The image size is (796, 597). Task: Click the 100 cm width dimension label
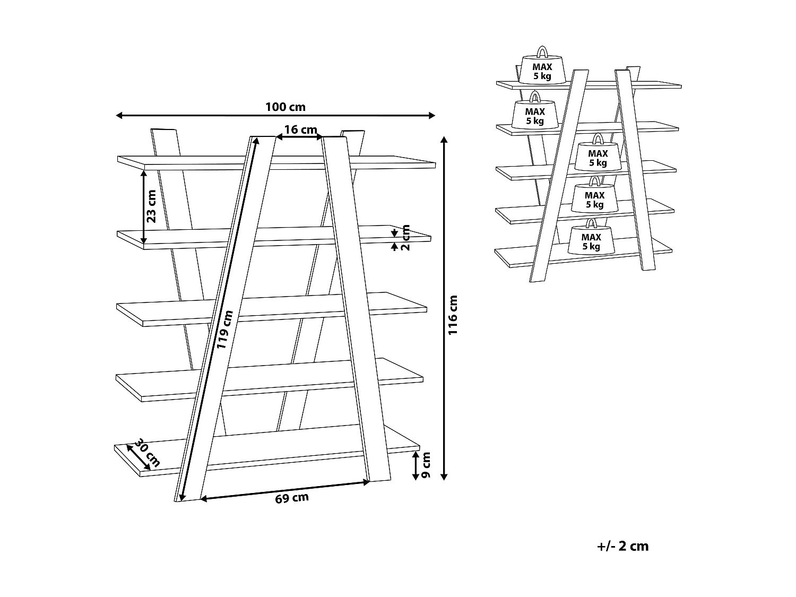tap(285, 107)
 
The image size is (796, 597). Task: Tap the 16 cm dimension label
tap(300, 130)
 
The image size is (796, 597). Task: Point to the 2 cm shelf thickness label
tap(406, 238)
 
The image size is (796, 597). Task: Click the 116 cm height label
tap(453, 315)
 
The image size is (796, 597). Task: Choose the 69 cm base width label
tap(292, 498)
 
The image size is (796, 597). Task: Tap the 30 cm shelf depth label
tap(146, 453)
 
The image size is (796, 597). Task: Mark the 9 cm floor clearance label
tap(426, 466)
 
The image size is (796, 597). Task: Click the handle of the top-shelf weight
tap(542, 51)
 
